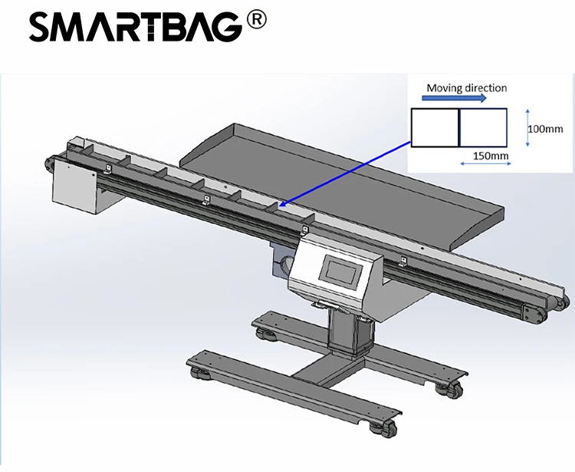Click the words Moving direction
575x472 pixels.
[x=466, y=87]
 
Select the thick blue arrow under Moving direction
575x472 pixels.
[x=455, y=99]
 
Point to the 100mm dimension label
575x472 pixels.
[x=545, y=128]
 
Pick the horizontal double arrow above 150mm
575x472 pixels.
[x=483, y=146]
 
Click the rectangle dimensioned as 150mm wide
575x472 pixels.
[x=483, y=127]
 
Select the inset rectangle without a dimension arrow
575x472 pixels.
[x=435, y=127]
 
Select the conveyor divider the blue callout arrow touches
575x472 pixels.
[x=271, y=206]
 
